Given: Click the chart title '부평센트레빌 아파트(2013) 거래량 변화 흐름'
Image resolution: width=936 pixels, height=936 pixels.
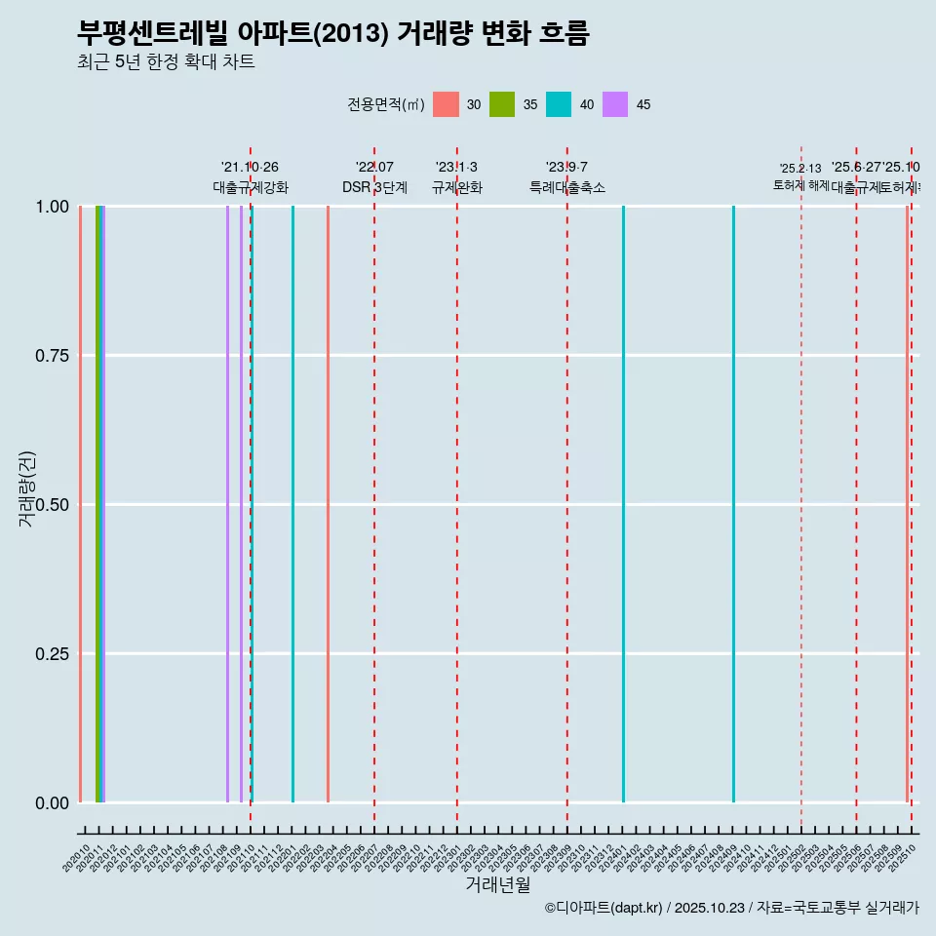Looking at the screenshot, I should (332, 33).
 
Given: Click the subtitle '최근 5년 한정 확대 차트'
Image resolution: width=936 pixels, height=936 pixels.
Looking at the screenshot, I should (166, 63).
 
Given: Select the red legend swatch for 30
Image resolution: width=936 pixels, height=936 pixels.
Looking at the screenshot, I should (446, 104).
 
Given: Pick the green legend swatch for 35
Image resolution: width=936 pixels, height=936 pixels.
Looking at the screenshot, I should (502, 104).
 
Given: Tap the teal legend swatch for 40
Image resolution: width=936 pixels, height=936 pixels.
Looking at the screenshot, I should (559, 104).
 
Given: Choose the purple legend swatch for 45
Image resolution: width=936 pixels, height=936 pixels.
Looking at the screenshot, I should (615, 104).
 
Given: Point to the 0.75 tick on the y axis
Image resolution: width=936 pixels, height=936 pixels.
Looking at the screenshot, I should (50, 356).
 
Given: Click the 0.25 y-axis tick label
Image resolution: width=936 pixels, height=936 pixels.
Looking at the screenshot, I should (50, 654).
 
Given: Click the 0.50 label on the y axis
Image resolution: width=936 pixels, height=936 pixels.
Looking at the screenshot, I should (50, 505).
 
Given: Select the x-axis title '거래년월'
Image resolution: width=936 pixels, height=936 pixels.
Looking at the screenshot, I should (498, 884).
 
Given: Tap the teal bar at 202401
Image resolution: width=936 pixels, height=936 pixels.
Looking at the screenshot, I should (623, 504).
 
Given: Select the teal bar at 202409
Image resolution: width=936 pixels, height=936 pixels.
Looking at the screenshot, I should (733, 504).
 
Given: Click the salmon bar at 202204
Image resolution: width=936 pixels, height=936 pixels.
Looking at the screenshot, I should (328, 504).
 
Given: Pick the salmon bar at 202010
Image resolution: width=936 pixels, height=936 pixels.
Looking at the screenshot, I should (80, 504).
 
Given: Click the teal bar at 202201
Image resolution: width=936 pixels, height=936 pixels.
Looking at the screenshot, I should (292, 504).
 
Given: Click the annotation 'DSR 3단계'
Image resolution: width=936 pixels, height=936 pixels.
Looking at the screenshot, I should (374, 187).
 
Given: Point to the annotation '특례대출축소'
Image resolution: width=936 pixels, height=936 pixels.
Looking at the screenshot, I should (567, 187).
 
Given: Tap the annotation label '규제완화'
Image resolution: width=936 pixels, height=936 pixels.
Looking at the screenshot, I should (457, 187).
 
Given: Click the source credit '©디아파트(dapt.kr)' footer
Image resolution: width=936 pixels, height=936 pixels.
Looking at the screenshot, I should (604, 908).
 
